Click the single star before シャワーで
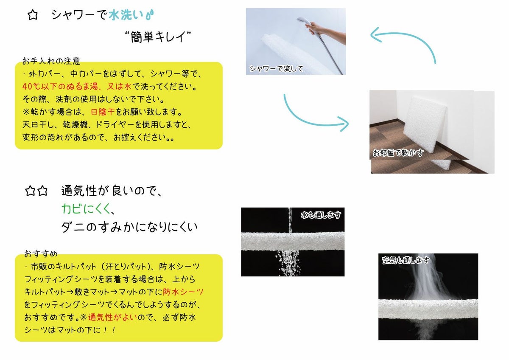coord(33,15)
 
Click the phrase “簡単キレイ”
coord(158,37)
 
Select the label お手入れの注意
coord(51,61)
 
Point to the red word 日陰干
coord(103,112)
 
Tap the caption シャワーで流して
coord(276,68)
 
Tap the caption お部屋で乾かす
coord(398,152)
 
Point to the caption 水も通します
coord(321,215)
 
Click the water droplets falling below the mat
coord(288,263)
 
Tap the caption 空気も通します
coord(406,260)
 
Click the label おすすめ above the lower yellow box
coord(41,253)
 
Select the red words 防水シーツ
coord(183,292)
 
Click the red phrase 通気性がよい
coord(113,317)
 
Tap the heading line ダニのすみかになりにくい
coord(129,227)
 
